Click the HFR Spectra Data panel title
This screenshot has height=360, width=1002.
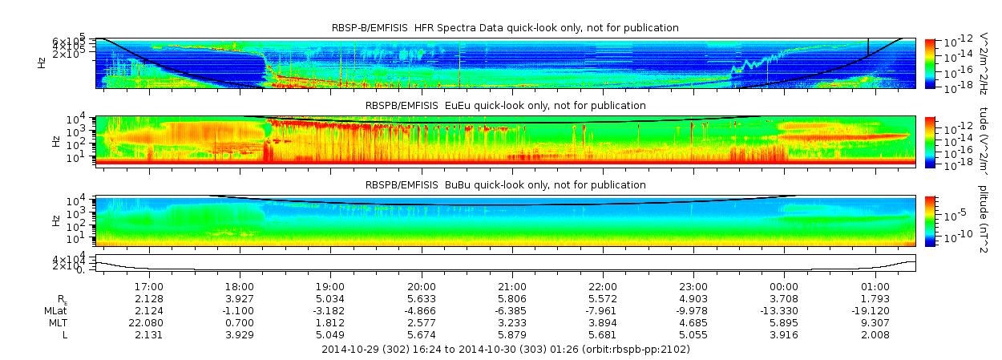point(505,28)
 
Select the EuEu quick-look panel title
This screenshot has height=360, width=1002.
point(505,106)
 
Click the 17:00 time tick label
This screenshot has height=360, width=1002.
point(149,286)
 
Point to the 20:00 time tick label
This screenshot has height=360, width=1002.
point(422,286)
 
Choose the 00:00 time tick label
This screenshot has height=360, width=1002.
point(784,286)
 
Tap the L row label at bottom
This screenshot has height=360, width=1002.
point(64,334)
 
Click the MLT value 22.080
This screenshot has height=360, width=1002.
point(149,322)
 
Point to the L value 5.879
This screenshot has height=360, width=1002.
point(512,334)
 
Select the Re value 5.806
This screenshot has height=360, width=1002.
point(512,298)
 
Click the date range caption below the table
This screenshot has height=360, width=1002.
point(505,350)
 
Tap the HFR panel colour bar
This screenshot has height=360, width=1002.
point(930,63)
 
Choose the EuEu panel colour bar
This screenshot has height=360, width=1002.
point(930,141)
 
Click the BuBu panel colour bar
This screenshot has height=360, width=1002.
point(930,220)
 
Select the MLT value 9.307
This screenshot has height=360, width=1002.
point(875,322)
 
